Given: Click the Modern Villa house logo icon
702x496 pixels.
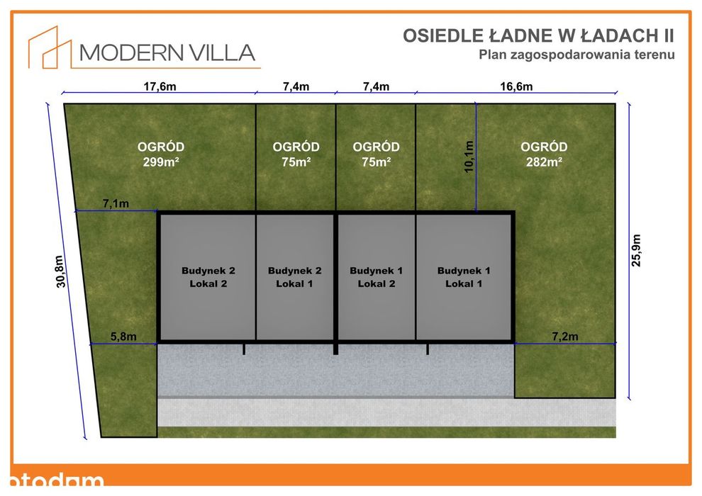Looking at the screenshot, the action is [x=50, y=48].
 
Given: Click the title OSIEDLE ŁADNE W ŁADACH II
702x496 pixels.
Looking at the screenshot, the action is [x=538, y=35].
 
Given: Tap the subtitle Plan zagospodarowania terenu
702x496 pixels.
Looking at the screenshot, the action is [x=576, y=55].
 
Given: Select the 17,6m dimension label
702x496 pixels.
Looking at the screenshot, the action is [x=160, y=86].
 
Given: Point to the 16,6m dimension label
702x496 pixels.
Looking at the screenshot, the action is [x=516, y=86].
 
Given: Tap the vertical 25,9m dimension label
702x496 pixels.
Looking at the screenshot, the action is [x=636, y=250].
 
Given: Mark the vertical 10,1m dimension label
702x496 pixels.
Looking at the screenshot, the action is [x=469, y=157].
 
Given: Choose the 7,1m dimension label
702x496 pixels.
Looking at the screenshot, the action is [x=116, y=203].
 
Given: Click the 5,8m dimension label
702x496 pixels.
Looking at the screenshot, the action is [x=123, y=337].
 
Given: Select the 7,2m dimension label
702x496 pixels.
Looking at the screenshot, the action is [x=565, y=337].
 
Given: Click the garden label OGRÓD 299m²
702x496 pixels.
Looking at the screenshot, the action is [x=161, y=154].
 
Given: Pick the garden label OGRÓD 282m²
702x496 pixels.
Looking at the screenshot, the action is [x=544, y=154].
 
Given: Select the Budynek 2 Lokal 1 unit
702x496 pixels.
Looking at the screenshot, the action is [x=294, y=277].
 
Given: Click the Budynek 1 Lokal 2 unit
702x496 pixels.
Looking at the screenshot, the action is [x=377, y=277].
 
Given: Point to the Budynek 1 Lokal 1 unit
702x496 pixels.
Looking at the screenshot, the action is [x=464, y=277].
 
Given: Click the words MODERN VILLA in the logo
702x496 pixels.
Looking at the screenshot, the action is [x=167, y=52].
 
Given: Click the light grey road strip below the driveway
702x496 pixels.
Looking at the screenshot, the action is [x=387, y=412].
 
